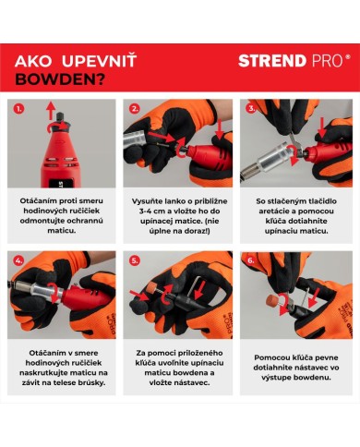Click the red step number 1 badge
19,108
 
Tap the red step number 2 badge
135,108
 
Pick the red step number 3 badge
249,108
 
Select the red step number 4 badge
19,260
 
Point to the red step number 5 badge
135,260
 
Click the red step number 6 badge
249,260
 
